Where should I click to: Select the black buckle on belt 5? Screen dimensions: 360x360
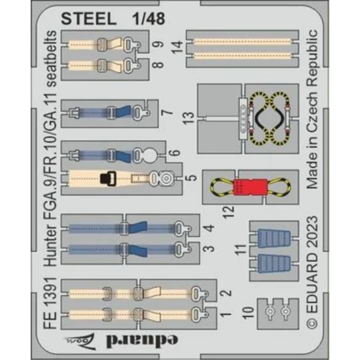coord(105,179)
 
